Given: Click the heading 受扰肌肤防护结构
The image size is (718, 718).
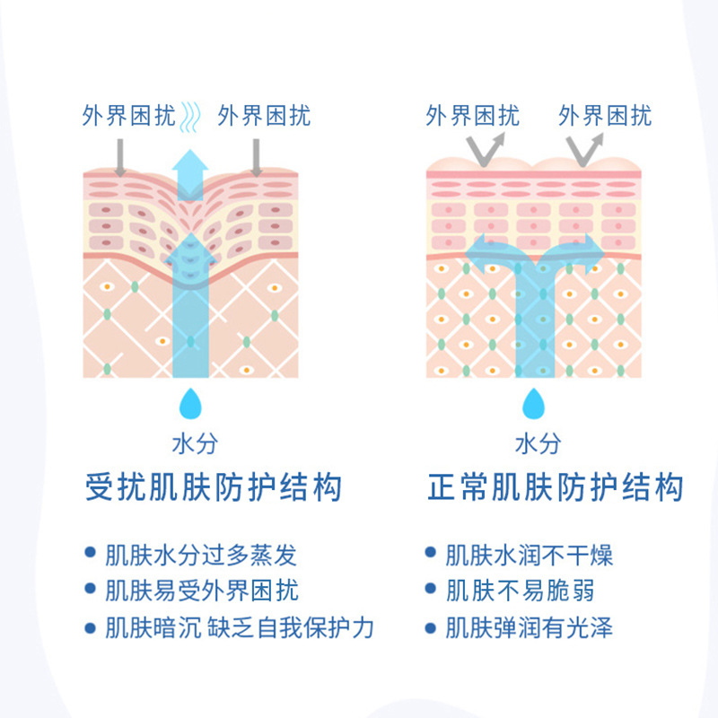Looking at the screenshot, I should [x=214, y=487].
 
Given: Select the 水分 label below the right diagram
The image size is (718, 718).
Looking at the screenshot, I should [x=538, y=443].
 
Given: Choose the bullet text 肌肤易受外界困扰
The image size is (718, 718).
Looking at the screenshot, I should [x=202, y=591].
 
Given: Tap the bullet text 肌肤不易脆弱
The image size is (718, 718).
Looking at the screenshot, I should [x=520, y=591].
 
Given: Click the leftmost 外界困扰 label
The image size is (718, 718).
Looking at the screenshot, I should [x=128, y=117].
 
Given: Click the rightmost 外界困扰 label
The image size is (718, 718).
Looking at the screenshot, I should [x=605, y=117].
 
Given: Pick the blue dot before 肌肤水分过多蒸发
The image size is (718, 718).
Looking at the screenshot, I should [x=90, y=554].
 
